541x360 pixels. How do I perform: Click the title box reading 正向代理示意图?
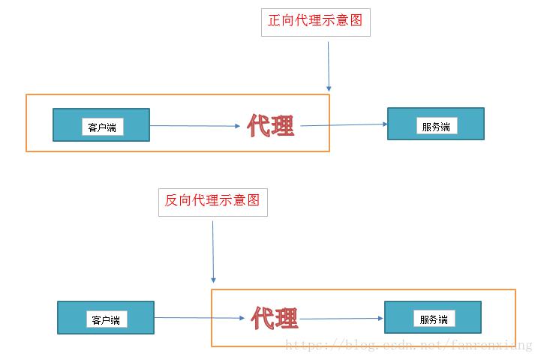point(315,21)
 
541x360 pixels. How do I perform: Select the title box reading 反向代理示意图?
point(212,200)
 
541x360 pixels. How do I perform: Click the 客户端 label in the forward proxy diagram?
point(102,127)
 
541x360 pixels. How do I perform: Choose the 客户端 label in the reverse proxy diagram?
point(107,319)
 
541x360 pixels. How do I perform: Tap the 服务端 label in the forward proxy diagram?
point(435,127)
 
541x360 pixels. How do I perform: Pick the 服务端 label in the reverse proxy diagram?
point(434,319)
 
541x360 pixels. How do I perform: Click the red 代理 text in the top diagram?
point(271,127)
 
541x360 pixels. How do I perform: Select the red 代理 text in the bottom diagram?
point(275,319)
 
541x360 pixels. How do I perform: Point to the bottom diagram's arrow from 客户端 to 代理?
point(201,318)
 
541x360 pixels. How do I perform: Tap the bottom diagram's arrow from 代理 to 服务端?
point(341,319)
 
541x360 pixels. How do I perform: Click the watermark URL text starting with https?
point(410,345)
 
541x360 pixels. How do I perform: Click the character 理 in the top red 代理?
point(283,127)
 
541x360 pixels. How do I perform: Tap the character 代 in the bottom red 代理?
point(263,319)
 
